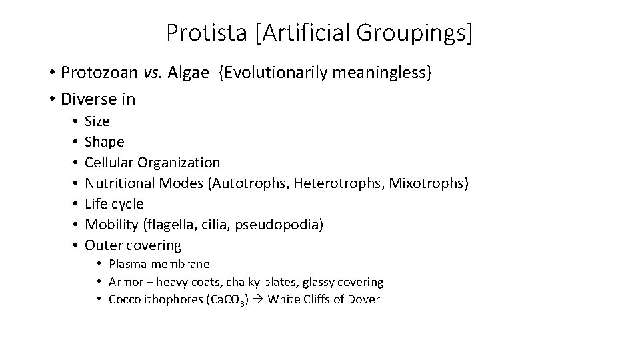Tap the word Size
97,121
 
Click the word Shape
105,142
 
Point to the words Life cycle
114,203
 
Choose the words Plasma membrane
159,265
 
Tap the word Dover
364,299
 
